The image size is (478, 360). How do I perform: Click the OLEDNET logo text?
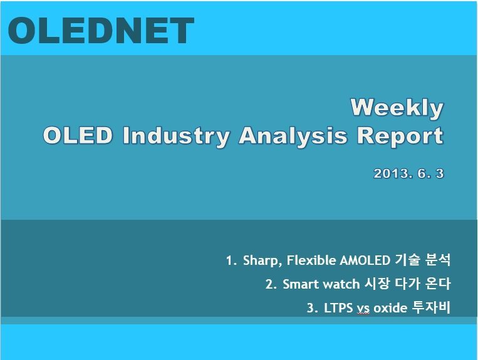point(101,30)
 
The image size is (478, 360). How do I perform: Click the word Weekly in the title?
point(397,108)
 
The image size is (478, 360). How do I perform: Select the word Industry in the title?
point(175,135)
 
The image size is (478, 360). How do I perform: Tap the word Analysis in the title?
point(293,136)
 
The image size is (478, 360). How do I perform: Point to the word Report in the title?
point(400,136)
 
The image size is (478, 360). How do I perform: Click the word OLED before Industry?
point(78,135)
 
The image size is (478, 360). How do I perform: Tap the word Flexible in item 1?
point(311,260)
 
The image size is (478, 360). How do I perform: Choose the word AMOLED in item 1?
point(365,260)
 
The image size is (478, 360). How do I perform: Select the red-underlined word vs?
point(363,309)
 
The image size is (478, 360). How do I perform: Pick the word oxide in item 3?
point(390,308)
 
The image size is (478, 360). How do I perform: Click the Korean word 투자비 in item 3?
point(431,307)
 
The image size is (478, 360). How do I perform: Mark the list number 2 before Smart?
point(269,284)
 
